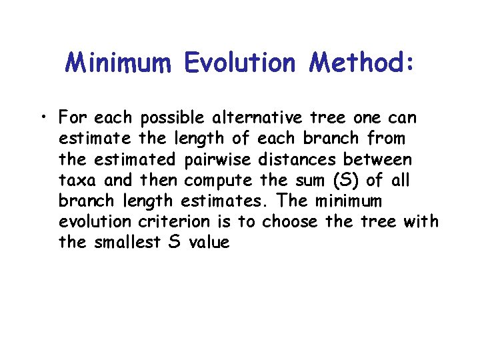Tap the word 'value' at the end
pos(209,243)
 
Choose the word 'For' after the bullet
pos(74,119)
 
